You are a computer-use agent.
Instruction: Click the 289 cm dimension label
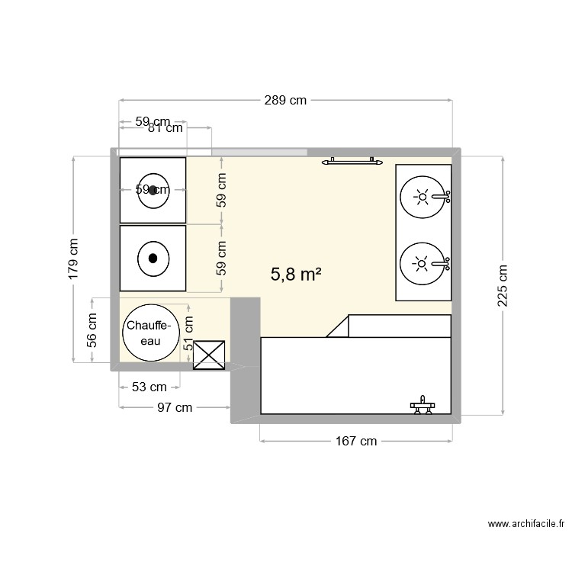tap(287, 100)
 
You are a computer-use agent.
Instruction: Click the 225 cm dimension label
tap(503, 286)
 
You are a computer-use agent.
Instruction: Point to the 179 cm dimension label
tap(73, 259)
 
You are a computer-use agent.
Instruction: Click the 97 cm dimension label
tap(175, 407)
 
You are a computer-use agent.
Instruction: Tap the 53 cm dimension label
tap(149, 387)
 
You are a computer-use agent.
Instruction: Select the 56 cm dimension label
tap(92, 330)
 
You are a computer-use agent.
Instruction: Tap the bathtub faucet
tap(420, 404)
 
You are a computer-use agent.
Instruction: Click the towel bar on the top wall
tap(352, 161)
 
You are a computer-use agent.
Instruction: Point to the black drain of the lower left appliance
tap(153, 258)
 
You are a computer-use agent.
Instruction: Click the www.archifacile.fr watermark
tap(527, 524)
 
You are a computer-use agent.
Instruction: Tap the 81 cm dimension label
tap(165, 128)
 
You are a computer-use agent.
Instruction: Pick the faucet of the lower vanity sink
tap(443, 264)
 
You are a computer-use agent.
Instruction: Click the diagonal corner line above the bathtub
tap(337, 326)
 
